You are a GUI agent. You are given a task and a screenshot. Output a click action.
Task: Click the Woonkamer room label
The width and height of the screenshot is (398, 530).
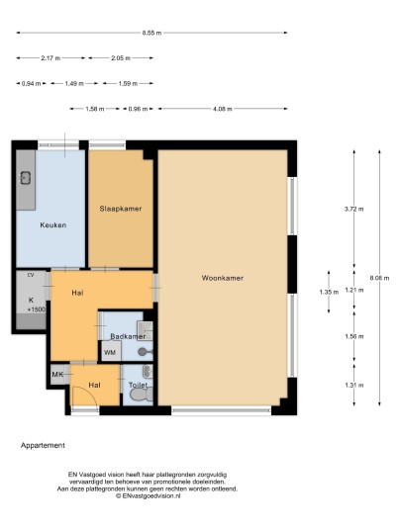pyautogui.click(x=223, y=278)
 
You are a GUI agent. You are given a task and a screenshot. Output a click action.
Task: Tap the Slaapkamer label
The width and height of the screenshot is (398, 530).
pyautogui.click(x=121, y=209)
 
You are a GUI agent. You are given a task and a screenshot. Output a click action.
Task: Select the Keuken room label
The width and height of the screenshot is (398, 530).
pyautogui.click(x=53, y=225)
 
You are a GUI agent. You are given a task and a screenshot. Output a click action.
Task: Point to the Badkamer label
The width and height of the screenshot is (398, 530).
pyautogui.click(x=128, y=336)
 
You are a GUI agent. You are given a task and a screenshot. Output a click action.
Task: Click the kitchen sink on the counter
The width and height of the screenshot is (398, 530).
pyautogui.click(x=26, y=178)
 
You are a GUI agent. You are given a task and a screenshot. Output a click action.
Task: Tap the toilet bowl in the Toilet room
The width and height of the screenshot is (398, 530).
pyautogui.click(x=140, y=395)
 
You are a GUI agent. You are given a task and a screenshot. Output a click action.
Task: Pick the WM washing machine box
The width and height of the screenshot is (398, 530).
pyautogui.click(x=111, y=352)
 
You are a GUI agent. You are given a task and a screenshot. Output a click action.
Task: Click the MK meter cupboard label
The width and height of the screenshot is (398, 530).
pyautogui.click(x=57, y=375)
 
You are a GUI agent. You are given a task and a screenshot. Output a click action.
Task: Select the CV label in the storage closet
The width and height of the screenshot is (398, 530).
pyautogui.click(x=31, y=275)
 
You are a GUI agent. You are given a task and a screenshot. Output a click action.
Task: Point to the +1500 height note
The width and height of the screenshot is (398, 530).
pyautogui.click(x=37, y=309)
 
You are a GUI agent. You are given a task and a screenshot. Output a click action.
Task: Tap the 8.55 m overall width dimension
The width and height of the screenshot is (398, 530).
pyautogui.click(x=151, y=33)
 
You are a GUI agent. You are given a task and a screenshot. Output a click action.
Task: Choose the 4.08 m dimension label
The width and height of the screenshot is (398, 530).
pyautogui.click(x=223, y=109)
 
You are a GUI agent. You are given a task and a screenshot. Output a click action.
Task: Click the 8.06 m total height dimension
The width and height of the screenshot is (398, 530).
pyautogui.click(x=379, y=278)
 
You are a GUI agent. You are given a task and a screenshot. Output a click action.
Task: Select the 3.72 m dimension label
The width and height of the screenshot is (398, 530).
pyautogui.click(x=354, y=209)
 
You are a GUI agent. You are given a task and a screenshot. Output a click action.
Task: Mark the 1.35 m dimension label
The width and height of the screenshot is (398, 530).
pyautogui.click(x=329, y=292)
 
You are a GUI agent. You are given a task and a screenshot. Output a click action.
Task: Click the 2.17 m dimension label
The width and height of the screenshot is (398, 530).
pyautogui.click(x=50, y=58)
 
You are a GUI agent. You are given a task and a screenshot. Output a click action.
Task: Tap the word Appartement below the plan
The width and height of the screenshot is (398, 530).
pyautogui.click(x=43, y=446)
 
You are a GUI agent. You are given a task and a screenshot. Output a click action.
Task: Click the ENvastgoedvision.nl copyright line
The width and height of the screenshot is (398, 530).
pyautogui.click(x=148, y=495)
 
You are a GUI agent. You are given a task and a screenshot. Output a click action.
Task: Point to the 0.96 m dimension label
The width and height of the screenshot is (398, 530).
pyautogui.click(x=138, y=109)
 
